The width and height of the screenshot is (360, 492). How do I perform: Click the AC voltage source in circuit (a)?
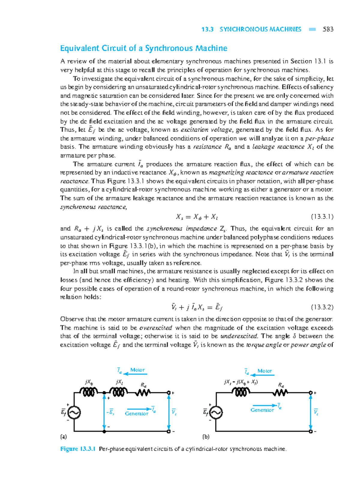coord(74,413)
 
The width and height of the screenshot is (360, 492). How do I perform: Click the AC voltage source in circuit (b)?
coord(216,413)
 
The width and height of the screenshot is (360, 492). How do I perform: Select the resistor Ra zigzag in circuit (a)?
coord(143,392)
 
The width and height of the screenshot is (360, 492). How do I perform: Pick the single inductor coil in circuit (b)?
coord(241,392)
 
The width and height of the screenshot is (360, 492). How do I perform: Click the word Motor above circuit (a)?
coord(137,370)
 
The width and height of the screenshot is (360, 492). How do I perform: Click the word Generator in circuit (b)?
coord(262,410)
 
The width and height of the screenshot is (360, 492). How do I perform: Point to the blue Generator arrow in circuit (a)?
coord(139,409)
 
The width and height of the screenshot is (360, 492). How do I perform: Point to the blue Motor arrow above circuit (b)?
coord(262,375)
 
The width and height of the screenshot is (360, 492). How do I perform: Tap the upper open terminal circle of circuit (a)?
coord(169,392)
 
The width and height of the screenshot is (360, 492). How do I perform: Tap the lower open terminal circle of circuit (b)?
coord(311,431)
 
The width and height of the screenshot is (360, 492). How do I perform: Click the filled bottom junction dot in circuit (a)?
coord(104,431)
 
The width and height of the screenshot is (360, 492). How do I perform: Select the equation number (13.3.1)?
coord(322,216)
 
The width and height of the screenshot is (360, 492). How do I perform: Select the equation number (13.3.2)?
coord(322,307)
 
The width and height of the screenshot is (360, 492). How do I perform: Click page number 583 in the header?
coord(328,29)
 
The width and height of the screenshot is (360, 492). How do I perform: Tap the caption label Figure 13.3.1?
coord(78,449)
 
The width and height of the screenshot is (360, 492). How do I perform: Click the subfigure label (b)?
coord(206,437)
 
